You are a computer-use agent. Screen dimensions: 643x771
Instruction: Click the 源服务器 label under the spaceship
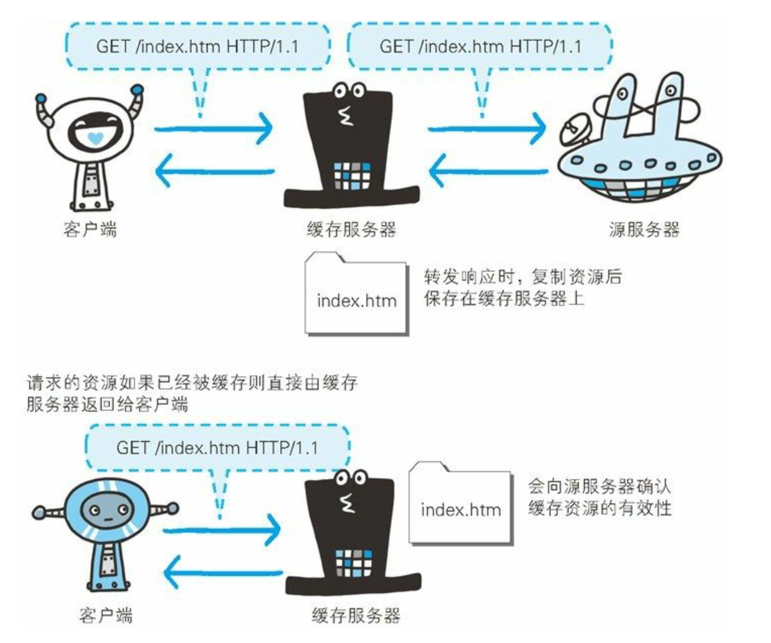644,229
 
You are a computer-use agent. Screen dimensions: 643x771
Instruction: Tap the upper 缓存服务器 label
352,229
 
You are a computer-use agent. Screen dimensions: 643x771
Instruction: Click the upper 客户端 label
90,229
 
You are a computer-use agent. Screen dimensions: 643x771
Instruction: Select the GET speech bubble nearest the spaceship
480,46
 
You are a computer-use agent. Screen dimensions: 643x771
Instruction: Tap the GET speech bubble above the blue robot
217,447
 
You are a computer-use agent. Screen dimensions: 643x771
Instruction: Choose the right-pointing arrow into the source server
488,130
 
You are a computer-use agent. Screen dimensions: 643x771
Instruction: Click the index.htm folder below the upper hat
357,294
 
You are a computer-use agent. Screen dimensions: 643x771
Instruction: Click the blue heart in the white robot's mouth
93,137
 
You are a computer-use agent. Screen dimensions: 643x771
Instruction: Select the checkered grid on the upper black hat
351,176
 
